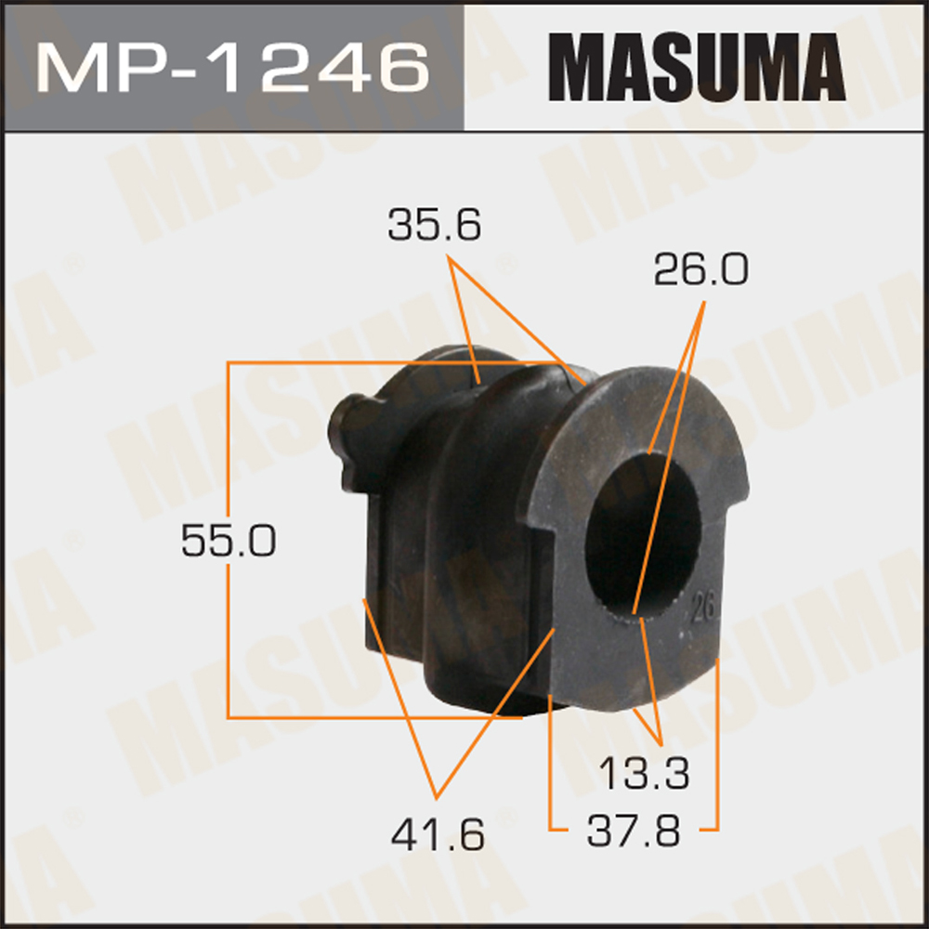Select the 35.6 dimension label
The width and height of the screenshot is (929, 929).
[x=434, y=226]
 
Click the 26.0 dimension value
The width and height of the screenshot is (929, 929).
[x=700, y=269]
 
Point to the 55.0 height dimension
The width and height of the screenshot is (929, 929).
[x=228, y=541]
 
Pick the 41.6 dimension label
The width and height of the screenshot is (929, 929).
[x=438, y=834]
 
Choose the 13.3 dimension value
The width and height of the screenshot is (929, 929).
[x=644, y=774]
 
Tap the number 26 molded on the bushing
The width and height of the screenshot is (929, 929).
[x=703, y=609]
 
